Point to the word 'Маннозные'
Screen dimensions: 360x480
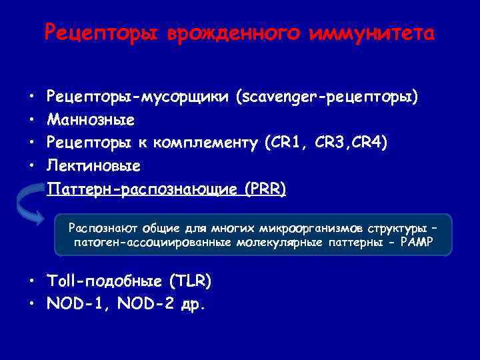[x=91, y=121]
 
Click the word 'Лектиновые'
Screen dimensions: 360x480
[x=94, y=165]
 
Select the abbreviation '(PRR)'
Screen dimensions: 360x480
[x=265, y=189]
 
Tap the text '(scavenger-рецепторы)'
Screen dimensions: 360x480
[x=327, y=99]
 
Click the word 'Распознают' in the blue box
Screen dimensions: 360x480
[x=95, y=229]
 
